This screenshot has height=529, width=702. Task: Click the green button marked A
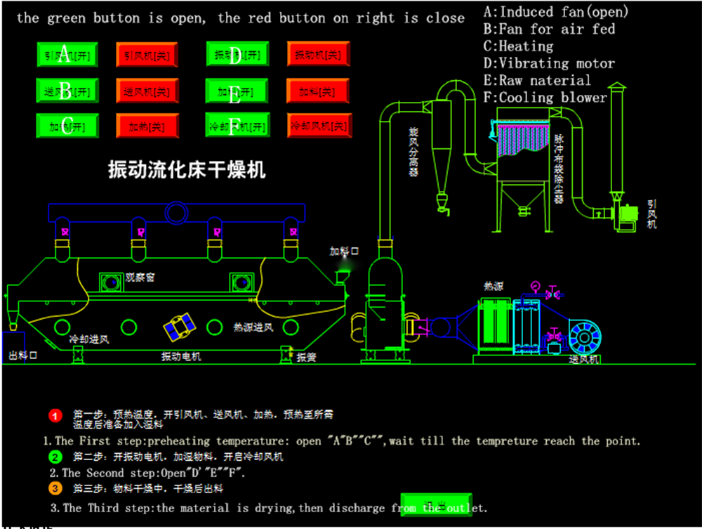[x=67, y=54]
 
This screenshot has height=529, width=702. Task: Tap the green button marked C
[x=67, y=126]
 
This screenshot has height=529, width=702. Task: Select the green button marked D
[x=236, y=54]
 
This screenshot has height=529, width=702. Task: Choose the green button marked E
[x=236, y=91]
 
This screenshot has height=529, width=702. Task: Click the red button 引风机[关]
[x=147, y=55]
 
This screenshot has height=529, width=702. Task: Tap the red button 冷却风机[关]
[x=319, y=126]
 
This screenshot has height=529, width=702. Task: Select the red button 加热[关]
[x=147, y=126]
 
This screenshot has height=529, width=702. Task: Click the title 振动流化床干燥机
[x=187, y=169]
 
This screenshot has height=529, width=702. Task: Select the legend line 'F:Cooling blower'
[x=545, y=98]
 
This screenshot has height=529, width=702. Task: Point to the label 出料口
[x=22, y=355]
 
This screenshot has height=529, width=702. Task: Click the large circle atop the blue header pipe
[x=175, y=211]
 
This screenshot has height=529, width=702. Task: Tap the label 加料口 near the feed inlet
[x=345, y=251]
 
